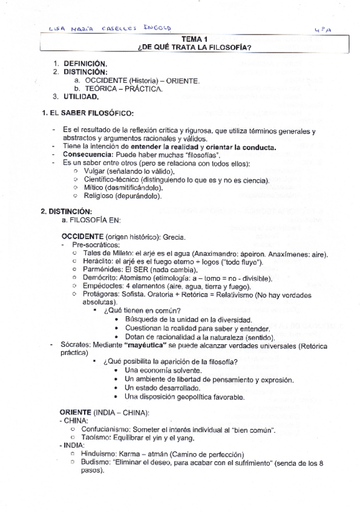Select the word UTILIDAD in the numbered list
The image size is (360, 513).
(81, 97)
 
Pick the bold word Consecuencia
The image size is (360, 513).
(88, 155)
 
